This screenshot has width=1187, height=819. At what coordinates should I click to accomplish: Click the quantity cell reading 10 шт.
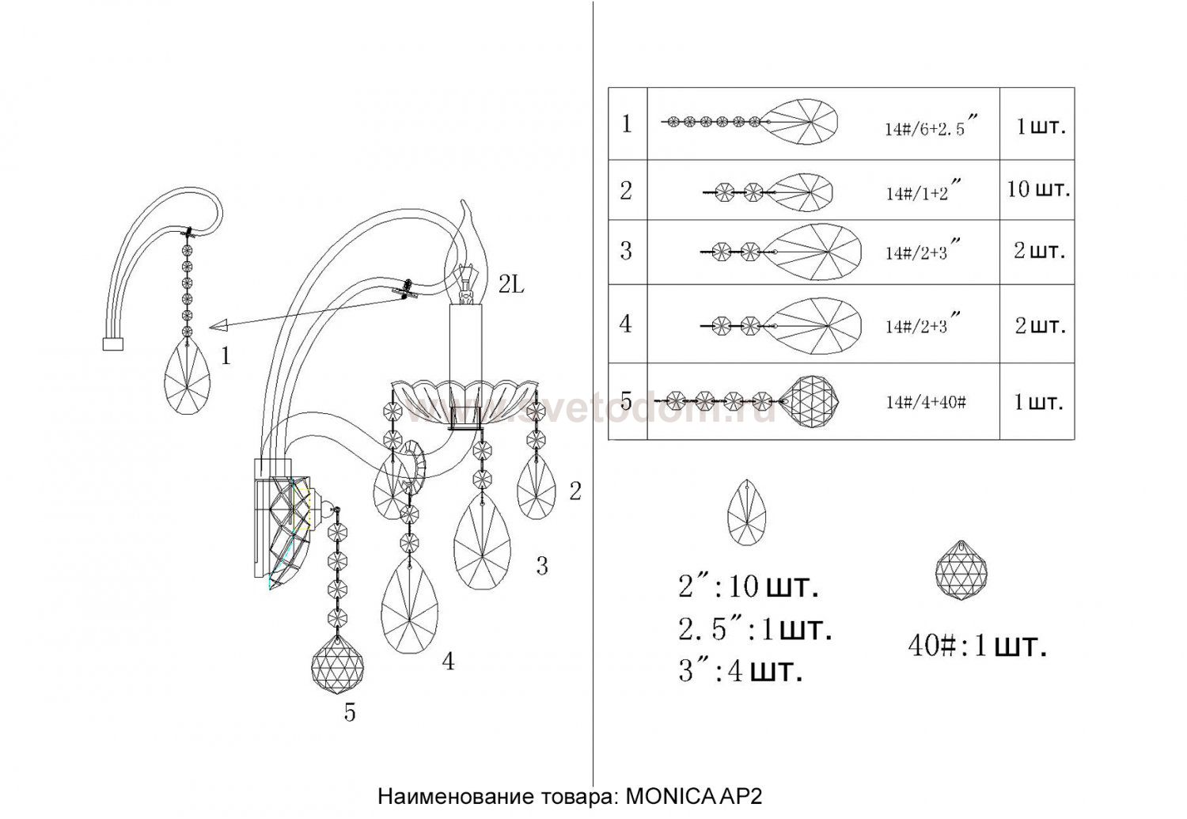(1038, 190)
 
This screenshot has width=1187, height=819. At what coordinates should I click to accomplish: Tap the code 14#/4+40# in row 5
(925, 402)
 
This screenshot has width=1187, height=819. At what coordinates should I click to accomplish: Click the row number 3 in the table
(627, 251)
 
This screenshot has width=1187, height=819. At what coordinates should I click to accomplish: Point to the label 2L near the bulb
(511, 286)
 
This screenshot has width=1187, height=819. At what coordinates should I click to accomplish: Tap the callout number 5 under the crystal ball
(350, 713)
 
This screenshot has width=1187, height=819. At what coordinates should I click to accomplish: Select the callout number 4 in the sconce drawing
(448, 662)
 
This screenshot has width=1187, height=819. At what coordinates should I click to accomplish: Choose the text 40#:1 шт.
(977, 646)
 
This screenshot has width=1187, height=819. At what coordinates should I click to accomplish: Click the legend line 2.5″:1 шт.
(754, 630)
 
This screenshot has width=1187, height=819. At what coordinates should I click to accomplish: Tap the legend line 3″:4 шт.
(740, 672)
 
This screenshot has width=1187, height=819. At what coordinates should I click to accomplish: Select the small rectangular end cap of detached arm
(114, 343)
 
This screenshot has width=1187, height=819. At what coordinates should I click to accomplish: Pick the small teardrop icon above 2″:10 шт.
(746, 508)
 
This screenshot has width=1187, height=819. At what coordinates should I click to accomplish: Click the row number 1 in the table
(627, 124)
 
